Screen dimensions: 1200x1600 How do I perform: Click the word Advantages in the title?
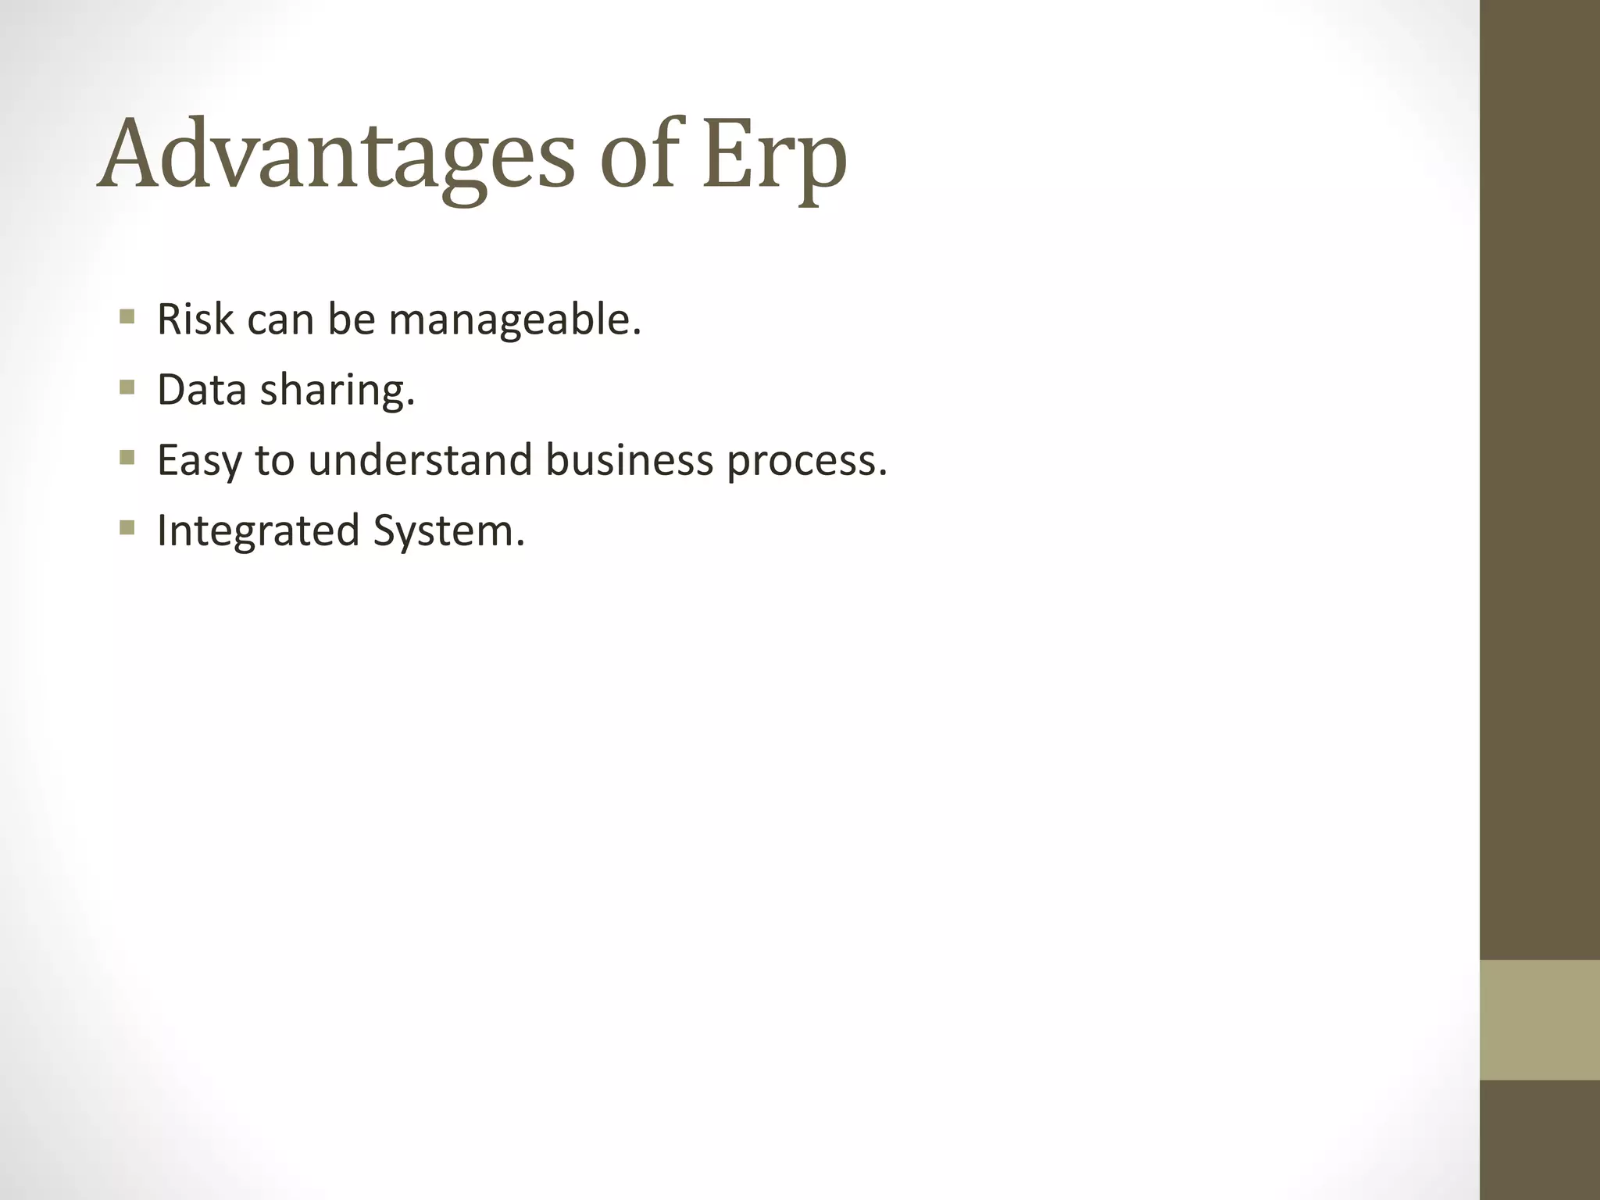(x=336, y=156)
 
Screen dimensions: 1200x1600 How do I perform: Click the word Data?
(x=202, y=390)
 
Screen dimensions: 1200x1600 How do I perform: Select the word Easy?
(x=199, y=462)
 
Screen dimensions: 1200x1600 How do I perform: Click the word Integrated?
(x=258, y=532)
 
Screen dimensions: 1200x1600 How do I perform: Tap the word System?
(x=448, y=532)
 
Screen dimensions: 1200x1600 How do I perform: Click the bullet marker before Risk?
(x=127, y=317)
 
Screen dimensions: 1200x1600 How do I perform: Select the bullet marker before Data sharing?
(x=127, y=387)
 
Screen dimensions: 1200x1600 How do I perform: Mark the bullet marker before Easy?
(x=127, y=458)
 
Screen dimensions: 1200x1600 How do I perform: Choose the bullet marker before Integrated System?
(x=127, y=528)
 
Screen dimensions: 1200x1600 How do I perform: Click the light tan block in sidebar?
(x=1539, y=1020)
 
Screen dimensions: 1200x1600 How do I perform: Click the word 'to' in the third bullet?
(x=273, y=461)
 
